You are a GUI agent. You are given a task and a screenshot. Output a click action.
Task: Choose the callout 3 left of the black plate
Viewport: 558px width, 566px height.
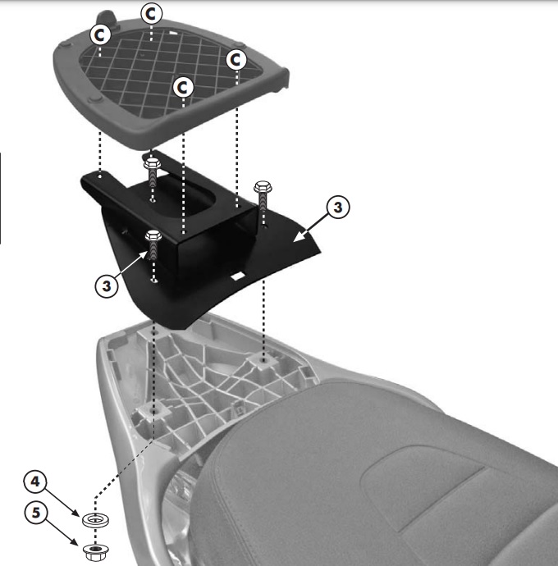tap(105, 286)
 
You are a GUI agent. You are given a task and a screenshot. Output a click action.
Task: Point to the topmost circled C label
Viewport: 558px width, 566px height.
tap(152, 12)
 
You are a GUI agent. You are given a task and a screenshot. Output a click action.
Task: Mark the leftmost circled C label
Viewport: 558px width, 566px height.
tap(100, 34)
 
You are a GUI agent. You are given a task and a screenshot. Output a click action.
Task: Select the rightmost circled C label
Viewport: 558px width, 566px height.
tap(237, 60)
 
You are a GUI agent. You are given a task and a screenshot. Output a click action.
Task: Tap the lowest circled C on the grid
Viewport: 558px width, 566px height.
tap(182, 85)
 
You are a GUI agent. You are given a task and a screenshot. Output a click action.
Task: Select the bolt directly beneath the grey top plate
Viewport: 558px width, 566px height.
tap(153, 169)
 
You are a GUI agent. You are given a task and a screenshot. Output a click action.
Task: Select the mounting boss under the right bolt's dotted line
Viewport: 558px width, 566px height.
tap(264, 361)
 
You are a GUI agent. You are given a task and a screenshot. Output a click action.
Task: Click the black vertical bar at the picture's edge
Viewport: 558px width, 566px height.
tap(2, 197)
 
